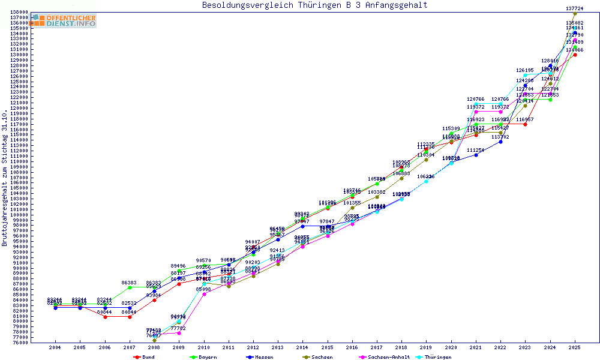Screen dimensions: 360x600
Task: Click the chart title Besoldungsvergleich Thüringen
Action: [x=315, y=5]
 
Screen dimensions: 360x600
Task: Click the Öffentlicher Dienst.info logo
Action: [x=65, y=21]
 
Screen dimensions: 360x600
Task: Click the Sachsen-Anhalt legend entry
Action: [x=384, y=357]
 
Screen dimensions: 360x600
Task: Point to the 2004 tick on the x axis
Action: [x=55, y=347]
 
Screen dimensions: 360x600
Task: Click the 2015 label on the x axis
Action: [x=327, y=347]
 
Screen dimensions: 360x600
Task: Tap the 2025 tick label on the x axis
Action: [x=575, y=347]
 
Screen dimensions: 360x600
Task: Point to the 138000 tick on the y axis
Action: [x=20, y=12]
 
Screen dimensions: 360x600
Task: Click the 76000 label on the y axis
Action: [x=21, y=343]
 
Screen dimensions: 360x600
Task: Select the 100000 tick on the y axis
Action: [x=20, y=215]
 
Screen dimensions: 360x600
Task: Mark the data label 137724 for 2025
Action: [x=575, y=8]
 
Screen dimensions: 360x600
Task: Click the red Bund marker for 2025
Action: [x=575, y=55]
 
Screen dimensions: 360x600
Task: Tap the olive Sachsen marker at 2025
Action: [x=575, y=14]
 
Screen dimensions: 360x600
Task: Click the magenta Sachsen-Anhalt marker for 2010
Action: [x=204, y=294]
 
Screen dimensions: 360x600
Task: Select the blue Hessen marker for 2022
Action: [x=500, y=142]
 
